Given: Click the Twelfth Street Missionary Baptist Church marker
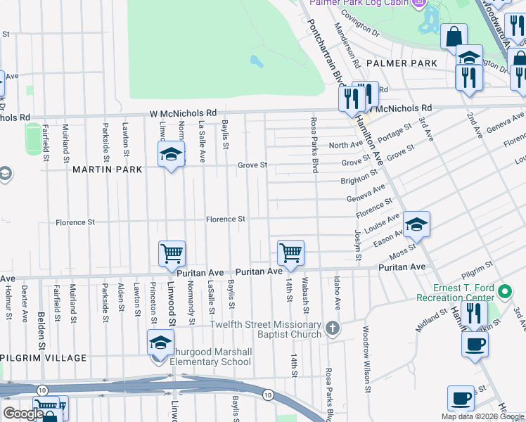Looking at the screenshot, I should click(333, 328).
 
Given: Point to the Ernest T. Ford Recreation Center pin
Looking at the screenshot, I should click(504, 290).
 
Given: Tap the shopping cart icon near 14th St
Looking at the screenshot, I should click(290, 252).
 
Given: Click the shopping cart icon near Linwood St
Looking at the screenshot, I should click(172, 253).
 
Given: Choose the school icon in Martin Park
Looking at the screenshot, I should click(169, 155).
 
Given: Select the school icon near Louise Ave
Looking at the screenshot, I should click(416, 224).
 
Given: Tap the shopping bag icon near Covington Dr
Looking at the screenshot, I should click(454, 37).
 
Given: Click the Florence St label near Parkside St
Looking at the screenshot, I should click(75, 222).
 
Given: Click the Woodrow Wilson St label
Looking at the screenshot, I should click(366, 358).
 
